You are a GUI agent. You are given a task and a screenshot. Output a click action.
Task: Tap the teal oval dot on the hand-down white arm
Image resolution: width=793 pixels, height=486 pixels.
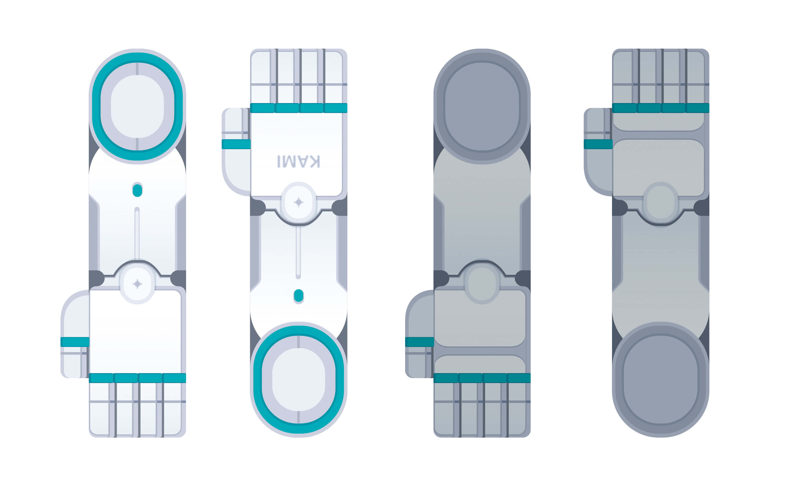(x=137, y=190)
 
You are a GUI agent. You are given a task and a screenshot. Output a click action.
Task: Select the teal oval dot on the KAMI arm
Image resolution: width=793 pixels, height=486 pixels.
(x=299, y=296)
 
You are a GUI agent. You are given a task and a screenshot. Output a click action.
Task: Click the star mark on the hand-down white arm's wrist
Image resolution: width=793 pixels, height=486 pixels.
(x=137, y=284)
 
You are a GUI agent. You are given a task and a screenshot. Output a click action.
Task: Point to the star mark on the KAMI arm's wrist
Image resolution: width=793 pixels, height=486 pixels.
(x=299, y=202)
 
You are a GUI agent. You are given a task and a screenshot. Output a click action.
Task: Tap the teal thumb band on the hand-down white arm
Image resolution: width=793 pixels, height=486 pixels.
(x=75, y=342)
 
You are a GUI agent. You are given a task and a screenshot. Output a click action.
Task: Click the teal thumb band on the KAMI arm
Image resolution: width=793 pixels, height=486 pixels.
(x=236, y=144)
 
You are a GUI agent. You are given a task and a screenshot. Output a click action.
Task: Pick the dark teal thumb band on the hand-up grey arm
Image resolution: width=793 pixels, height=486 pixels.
(x=598, y=144)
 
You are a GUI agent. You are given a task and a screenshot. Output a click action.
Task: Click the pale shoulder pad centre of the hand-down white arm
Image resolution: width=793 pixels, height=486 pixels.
(x=137, y=107)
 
